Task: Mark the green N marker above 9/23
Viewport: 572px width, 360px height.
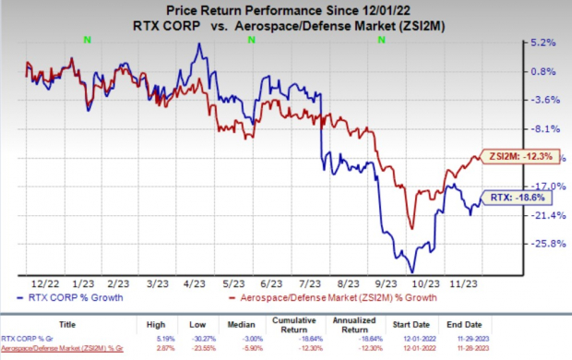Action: tap(381, 40)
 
